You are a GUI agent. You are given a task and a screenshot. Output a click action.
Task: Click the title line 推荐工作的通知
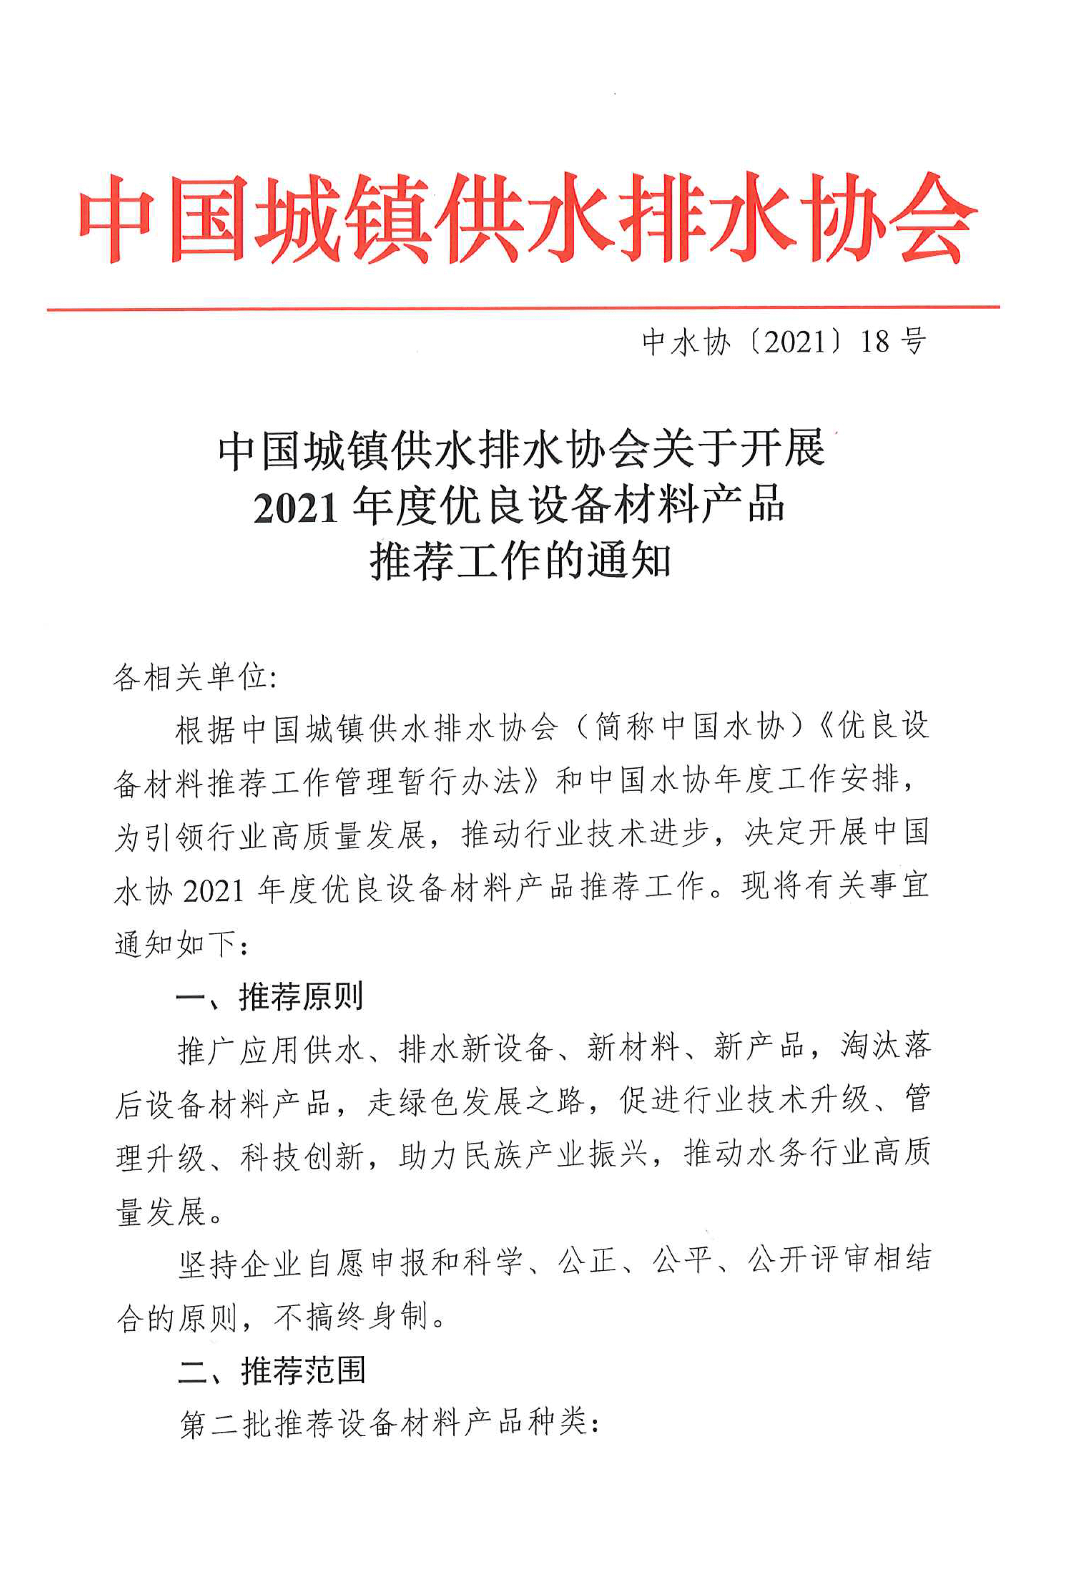pyautogui.click(x=520, y=562)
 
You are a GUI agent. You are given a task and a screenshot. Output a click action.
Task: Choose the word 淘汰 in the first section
pyautogui.click(x=870, y=1047)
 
